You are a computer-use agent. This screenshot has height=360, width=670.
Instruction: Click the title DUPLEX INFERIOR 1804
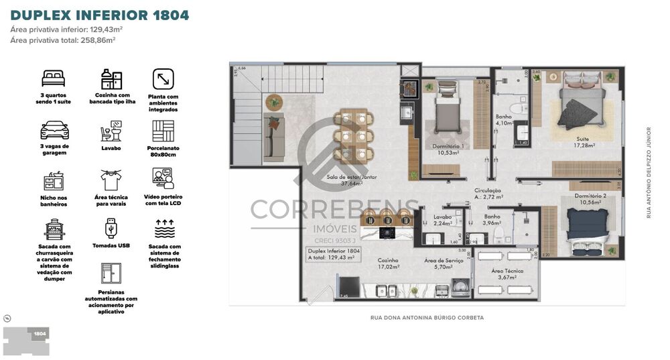point(100,15)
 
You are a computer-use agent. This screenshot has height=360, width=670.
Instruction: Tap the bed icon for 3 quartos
point(54,78)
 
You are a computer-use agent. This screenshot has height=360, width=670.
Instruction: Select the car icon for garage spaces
point(54,129)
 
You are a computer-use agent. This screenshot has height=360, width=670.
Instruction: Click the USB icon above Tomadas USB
point(110,229)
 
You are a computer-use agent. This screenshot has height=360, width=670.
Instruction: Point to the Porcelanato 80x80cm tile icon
point(163,131)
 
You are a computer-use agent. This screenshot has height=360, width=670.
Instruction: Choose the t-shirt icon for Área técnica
point(110,180)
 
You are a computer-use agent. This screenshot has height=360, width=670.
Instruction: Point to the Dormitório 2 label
point(590,199)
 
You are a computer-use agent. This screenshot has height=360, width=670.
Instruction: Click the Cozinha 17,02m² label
point(389,263)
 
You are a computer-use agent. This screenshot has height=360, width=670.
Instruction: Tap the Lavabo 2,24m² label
point(443,221)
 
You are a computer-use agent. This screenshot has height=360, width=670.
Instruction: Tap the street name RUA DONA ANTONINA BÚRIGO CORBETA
point(427,318)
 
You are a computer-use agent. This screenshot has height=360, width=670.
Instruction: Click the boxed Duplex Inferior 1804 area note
point(333,253)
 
